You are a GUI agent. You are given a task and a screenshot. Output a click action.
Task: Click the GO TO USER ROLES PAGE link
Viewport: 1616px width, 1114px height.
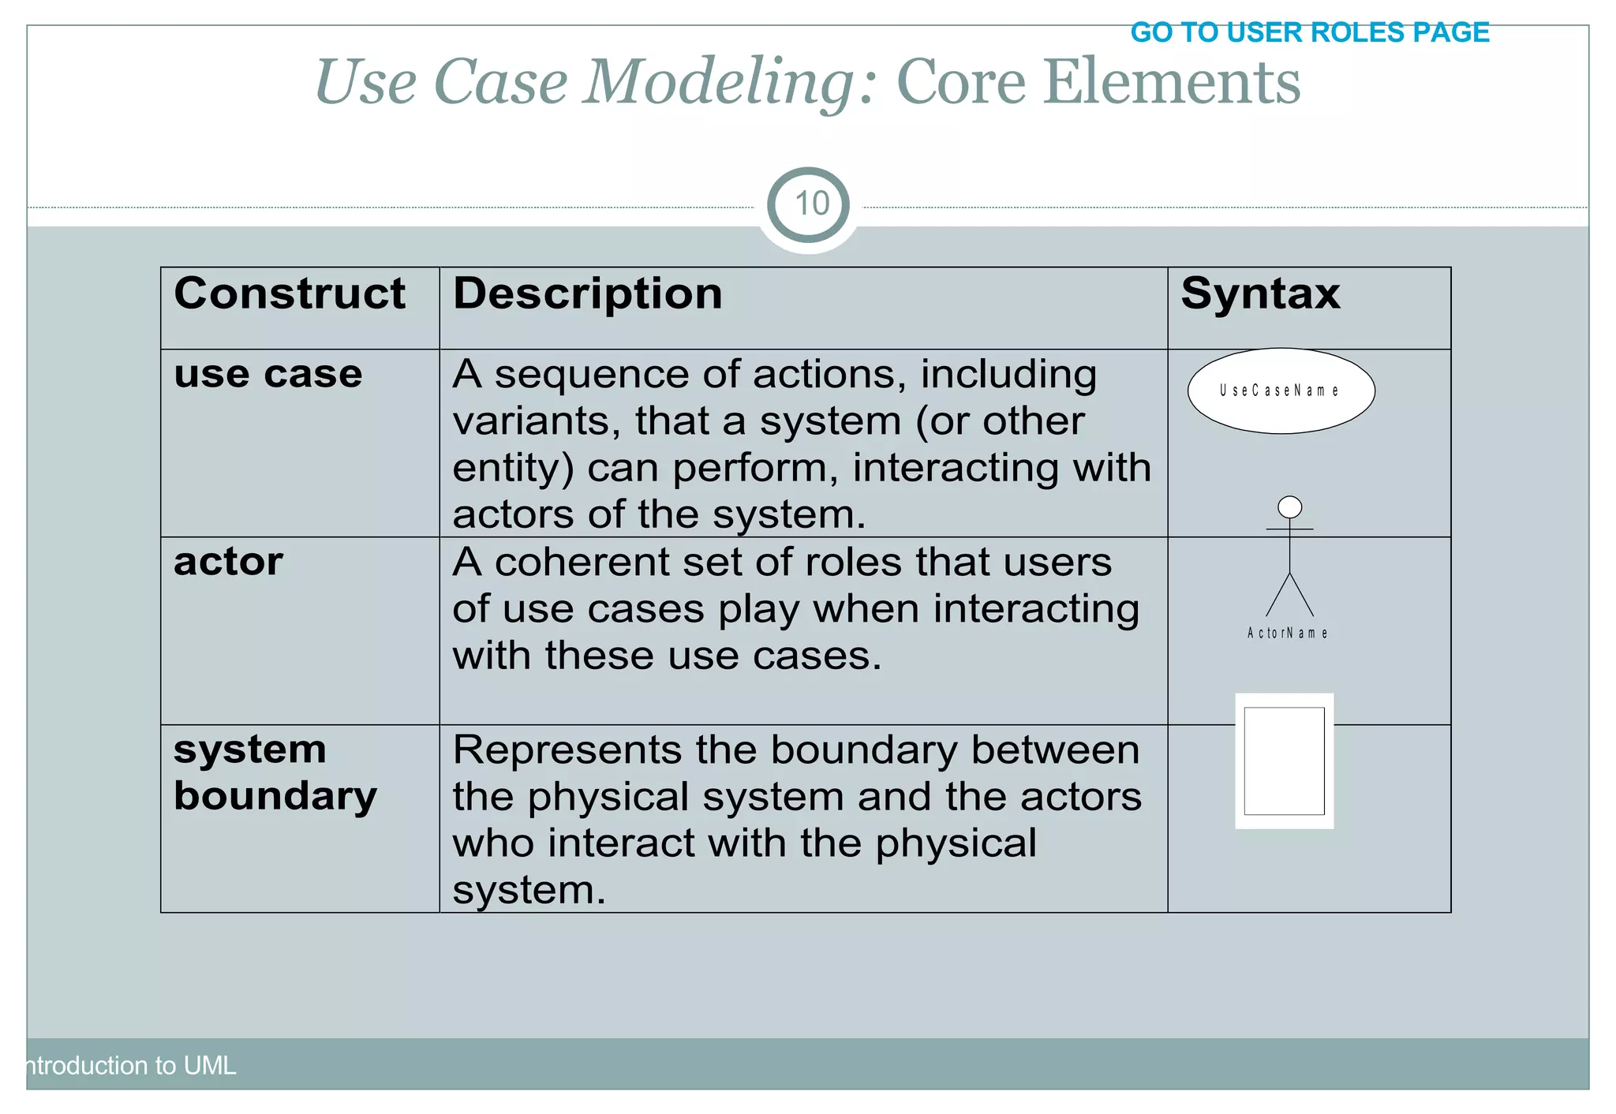pos(1309,32)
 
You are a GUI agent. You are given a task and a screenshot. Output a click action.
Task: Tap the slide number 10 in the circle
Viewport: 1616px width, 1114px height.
pos(810,204)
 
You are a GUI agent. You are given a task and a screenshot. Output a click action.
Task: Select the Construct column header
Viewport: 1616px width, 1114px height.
pos(289,293)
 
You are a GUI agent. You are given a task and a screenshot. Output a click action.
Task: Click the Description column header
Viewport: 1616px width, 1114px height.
pos(587,293)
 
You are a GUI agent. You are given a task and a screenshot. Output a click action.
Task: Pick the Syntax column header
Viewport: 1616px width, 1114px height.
pos(1259,293)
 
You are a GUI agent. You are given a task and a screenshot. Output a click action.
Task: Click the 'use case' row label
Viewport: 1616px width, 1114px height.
pos(267,374)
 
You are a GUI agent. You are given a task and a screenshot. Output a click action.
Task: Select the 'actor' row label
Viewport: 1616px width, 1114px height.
pos(228,562)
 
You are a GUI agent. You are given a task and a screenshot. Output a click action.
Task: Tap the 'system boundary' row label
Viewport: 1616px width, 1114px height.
pos(275,772)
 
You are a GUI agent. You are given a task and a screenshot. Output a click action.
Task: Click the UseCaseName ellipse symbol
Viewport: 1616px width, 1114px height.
pos(1280,391)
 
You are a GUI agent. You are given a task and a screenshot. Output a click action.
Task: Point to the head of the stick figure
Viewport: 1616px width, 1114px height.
pos(1289,507)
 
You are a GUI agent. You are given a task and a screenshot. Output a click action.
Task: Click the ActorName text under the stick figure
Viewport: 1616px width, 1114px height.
pos(1287,633)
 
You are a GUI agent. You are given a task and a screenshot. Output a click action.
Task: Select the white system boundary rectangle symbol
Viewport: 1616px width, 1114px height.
pos(1284,761)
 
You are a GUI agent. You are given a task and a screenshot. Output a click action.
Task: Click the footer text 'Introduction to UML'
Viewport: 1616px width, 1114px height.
pos(130,1065)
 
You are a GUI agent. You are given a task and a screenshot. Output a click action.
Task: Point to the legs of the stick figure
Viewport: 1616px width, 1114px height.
pos(1289,596)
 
